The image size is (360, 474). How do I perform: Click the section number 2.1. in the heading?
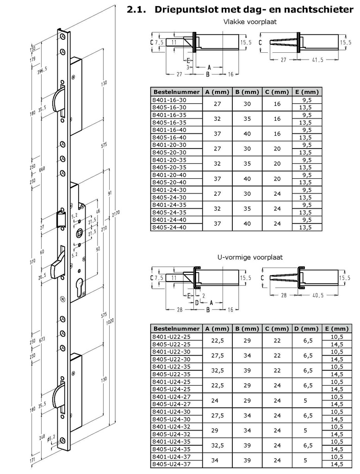click(137, 9)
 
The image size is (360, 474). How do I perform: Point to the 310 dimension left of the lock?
click(32, 262)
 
